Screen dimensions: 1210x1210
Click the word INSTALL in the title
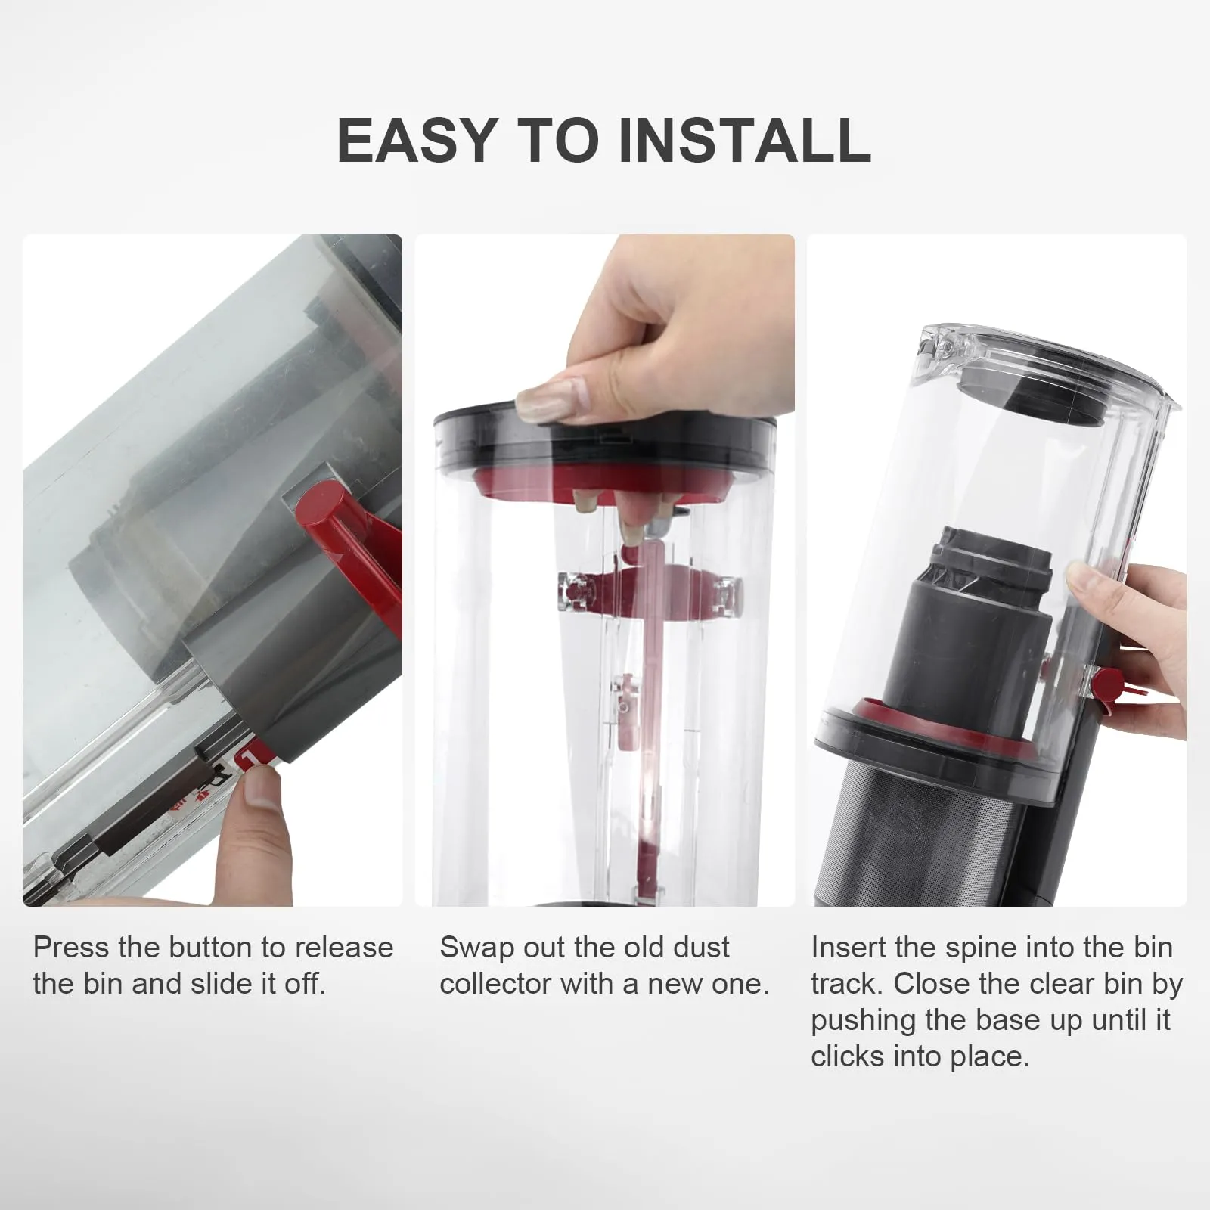coord(745,141)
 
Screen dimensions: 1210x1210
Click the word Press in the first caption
coord(71,948)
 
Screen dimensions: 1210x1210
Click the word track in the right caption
coord(844,984)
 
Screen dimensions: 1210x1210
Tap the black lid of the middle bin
coord(605,446)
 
